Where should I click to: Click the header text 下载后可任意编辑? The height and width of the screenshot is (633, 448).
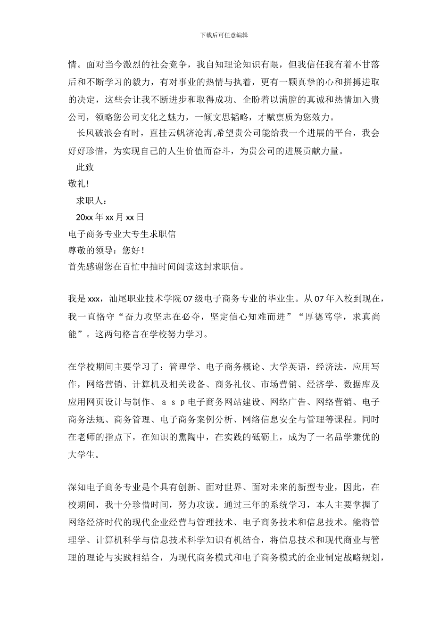(x=224, y=35)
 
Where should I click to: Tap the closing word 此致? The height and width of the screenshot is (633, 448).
(x=85, y=167)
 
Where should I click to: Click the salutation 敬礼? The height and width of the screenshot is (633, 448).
(x=78, y=184)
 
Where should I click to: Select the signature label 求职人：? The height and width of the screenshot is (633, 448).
(x=89, y=201)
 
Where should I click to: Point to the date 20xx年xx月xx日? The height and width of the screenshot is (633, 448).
(x=110, y=217)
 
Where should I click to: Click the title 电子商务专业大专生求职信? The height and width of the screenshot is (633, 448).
(x=122, y=234)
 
